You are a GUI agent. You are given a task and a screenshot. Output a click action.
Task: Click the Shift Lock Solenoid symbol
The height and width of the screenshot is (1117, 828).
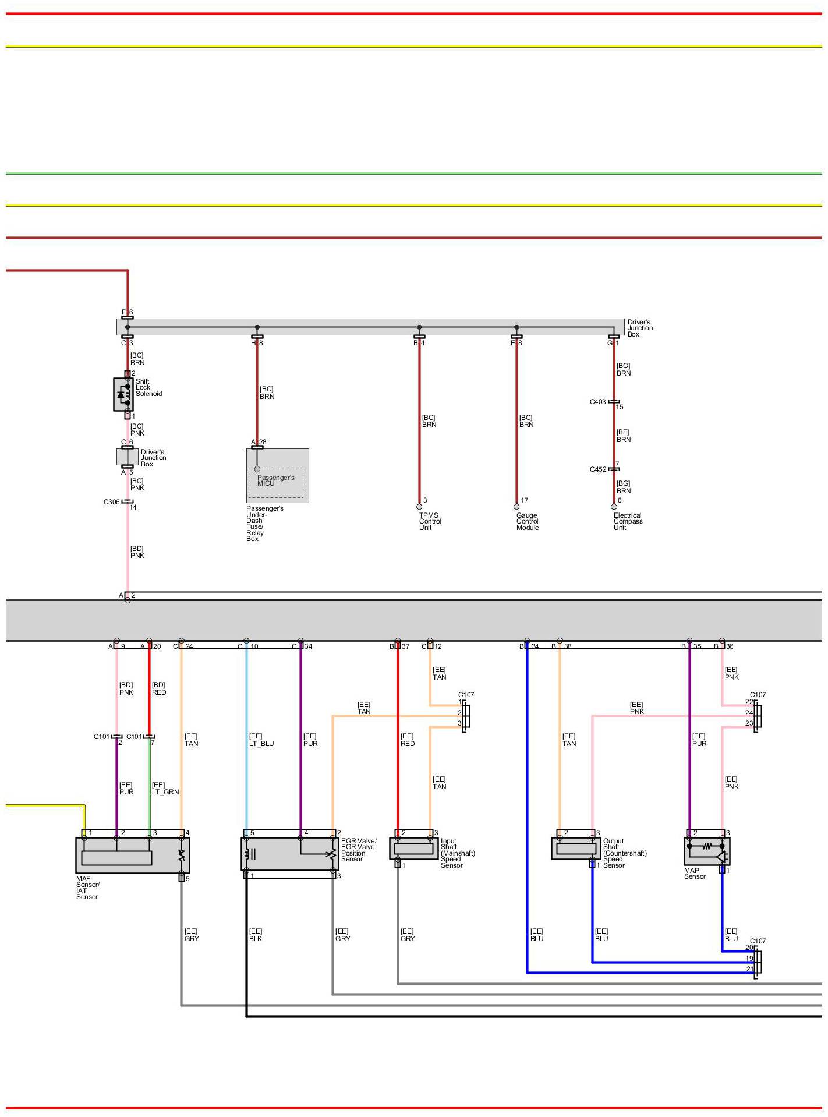(123, 394)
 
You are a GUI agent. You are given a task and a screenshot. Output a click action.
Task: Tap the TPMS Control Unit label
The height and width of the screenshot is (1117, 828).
(430, 521)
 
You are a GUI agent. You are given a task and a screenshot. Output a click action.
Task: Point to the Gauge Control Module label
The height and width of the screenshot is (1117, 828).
(527, 521)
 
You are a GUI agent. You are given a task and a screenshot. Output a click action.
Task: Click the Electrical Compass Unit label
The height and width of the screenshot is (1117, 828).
(627, 521)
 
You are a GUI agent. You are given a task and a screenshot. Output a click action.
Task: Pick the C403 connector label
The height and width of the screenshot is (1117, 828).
(597, 402)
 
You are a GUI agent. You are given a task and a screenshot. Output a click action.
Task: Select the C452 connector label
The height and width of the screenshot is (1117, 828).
(597, 469)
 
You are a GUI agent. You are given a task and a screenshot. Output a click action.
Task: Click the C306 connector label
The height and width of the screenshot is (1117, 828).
(111, 502)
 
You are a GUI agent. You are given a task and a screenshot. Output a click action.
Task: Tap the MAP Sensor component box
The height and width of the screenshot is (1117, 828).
(706, 851)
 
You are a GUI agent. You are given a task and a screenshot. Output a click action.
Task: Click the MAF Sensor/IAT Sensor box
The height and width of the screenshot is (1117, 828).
(132, 855)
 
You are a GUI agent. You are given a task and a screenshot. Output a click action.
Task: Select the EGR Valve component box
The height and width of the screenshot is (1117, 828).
(289, 854)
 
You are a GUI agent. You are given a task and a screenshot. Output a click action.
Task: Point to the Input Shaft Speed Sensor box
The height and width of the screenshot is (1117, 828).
(413, 849)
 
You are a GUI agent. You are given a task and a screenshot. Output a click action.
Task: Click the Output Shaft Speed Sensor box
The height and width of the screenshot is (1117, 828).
(575, 849)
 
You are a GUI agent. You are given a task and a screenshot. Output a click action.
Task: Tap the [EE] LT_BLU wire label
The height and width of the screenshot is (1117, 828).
(261, 740)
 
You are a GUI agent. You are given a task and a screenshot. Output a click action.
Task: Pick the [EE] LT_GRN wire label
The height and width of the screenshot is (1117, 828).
(165, 789)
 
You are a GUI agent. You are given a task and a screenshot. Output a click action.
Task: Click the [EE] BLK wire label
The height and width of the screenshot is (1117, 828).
(256, 935)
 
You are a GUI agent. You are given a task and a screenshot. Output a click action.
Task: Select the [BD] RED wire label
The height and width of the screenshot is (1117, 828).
(159, 688)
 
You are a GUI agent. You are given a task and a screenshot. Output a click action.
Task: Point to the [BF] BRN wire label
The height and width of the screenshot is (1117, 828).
(623, 436)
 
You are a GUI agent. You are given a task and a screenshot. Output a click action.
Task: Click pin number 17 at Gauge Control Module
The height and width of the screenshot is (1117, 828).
(525, 500)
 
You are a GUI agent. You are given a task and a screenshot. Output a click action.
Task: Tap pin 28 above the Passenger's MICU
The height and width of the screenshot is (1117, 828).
(263, 442)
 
